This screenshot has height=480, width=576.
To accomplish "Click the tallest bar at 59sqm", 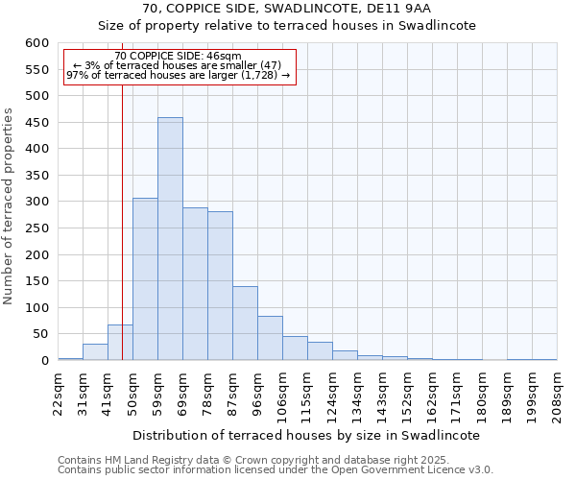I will (x=170, y=239).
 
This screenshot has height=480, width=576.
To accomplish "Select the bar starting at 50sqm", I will (x=145, y=279).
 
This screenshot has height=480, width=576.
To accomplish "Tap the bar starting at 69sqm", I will (x=195, y=284).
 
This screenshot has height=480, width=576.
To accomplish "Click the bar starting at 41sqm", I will (x=120, y=343).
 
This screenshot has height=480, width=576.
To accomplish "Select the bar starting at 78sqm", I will (x=220, y=286).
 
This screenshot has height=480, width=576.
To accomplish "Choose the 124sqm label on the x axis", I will (x=332, y=394).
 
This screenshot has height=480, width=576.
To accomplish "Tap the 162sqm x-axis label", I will (x=432, y=394).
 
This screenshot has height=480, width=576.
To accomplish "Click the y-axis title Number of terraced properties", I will (x=10, y=206).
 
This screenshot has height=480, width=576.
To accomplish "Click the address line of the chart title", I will (x=288, y=9).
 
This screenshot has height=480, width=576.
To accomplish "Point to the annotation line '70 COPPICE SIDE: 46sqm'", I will (x=178, y=57).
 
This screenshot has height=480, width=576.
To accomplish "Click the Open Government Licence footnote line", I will (x=276, y=470).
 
